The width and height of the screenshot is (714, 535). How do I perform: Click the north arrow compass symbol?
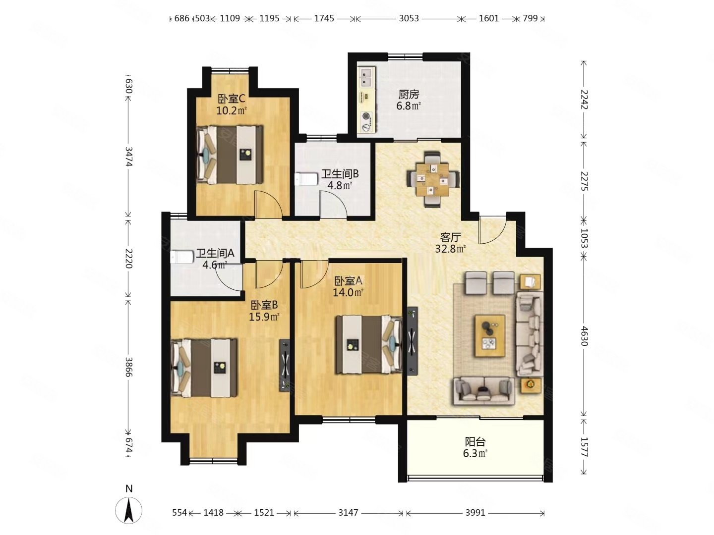128,510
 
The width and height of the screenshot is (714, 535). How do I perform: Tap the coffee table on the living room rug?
489,335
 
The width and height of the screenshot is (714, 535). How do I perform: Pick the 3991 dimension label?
475,512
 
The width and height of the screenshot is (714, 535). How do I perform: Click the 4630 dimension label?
585,336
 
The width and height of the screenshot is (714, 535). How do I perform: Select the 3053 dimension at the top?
409,18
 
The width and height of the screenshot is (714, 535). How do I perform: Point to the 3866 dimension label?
129,367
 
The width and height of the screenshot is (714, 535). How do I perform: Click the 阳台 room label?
475,441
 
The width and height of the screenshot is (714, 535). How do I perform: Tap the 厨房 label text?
409,95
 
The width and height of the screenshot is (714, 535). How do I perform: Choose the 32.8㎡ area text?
451,249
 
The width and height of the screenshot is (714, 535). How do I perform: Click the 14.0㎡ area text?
348,292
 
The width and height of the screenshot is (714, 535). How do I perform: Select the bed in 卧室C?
230,155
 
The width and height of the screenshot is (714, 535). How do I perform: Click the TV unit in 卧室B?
285,365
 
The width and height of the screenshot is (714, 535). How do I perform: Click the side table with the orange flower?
530,385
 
